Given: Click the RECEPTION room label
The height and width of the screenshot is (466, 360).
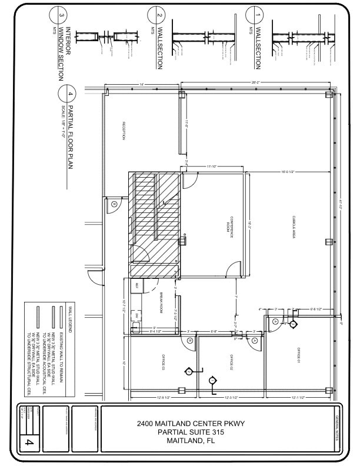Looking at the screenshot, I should (x=124, y=130).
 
